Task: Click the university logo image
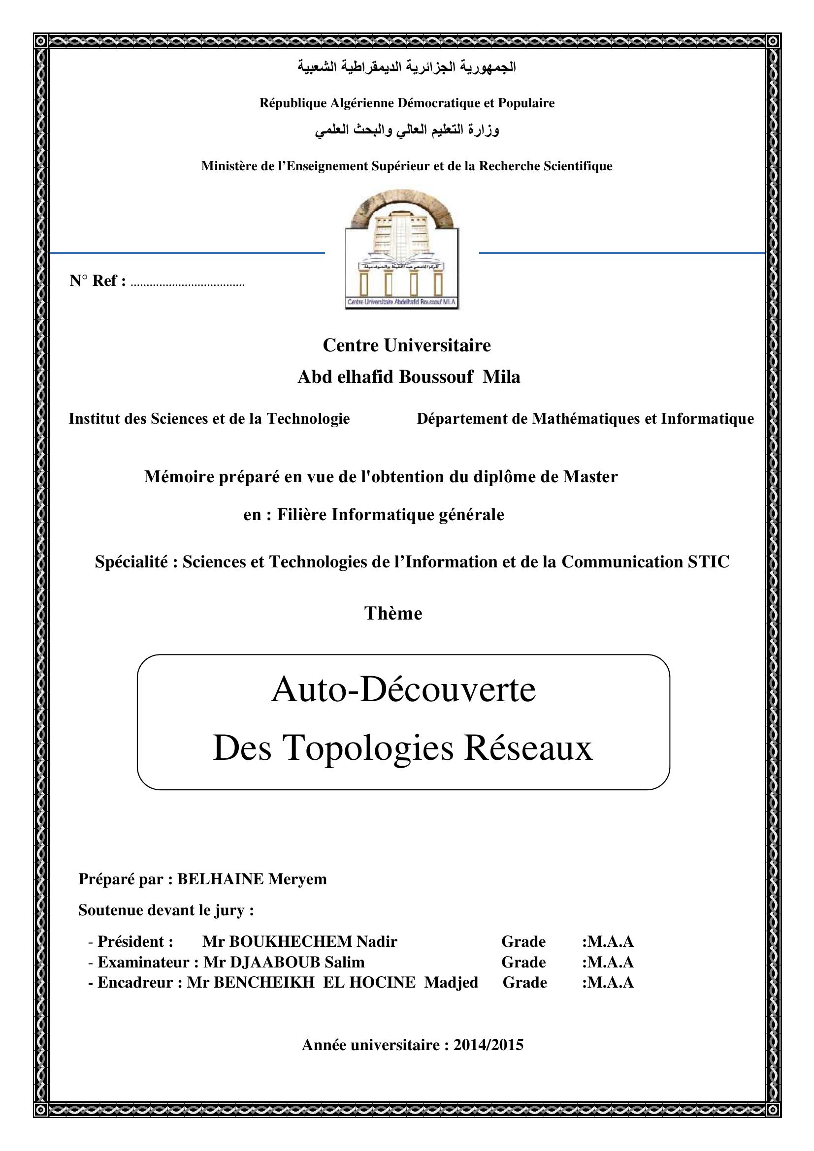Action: pos(402,249)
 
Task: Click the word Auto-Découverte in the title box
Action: pos(403,690)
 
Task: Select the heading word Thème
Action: pos(393,614)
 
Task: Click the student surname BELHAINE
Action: pos(220,879)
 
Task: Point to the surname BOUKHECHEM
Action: pos(291,942)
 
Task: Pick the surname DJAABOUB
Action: pos(274,963)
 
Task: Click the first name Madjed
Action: pos(451,983)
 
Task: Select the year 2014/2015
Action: pos(488,1045)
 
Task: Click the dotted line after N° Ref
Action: pos(187,285)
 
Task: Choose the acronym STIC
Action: pos(708,562)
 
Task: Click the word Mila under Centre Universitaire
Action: pos(501,377)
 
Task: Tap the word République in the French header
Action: pos(293,103)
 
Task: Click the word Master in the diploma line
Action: pos(590,476)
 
